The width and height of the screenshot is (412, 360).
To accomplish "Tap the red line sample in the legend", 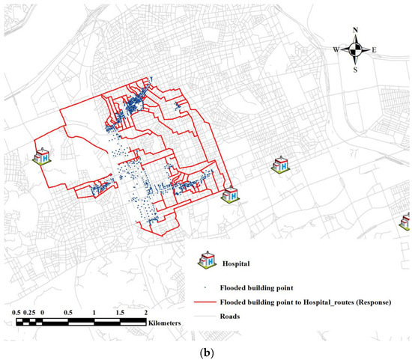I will point(204,303).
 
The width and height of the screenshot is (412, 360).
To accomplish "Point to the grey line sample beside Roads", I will point(204,317).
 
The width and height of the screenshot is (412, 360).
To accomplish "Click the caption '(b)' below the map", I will point(205,350).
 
